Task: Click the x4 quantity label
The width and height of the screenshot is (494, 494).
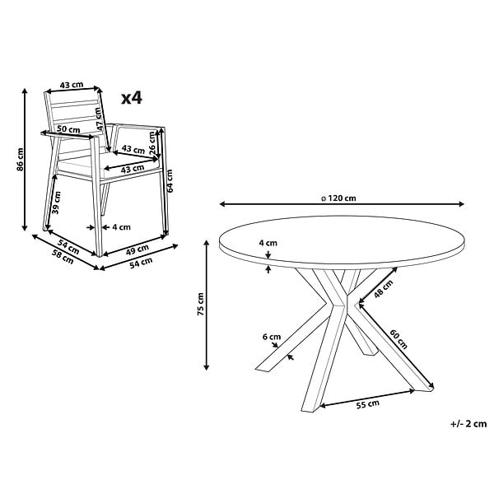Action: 132,98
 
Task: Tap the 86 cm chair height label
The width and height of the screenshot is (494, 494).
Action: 20,160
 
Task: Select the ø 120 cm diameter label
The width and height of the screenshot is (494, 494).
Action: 338,198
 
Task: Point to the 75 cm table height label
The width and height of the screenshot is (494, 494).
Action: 200,304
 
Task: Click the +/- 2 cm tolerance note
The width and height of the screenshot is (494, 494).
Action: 468,424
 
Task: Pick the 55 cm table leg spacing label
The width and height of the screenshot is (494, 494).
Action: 368,404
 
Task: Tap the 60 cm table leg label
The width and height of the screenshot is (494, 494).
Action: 398,339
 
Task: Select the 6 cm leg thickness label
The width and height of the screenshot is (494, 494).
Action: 272,337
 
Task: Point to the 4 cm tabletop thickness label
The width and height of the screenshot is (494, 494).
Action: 268,243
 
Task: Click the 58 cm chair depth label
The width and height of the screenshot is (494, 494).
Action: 63,257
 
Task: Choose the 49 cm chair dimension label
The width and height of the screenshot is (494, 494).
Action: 137,249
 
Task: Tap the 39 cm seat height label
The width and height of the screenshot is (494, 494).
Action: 56,203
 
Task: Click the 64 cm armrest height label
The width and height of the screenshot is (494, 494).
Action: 170,181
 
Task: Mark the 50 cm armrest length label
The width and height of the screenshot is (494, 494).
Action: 68,129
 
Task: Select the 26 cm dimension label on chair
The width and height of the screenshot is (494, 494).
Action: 152,143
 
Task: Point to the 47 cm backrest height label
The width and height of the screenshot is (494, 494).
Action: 99,119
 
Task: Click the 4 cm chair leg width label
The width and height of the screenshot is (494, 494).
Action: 121,227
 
